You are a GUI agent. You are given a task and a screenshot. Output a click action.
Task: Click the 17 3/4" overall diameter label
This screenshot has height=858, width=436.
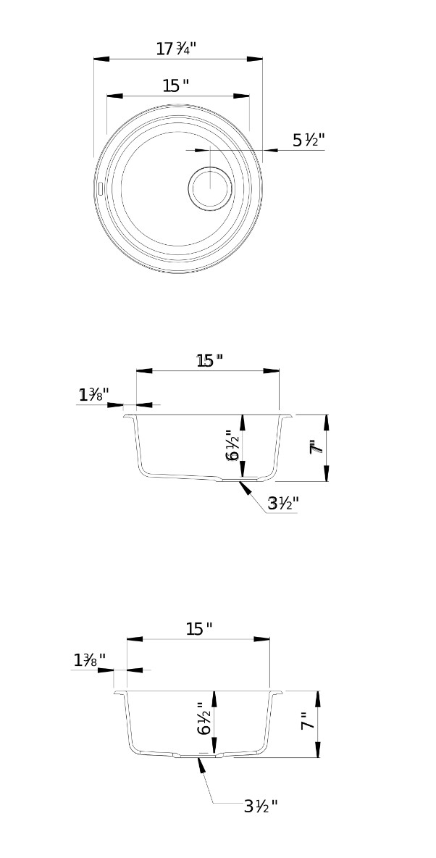(176, 49)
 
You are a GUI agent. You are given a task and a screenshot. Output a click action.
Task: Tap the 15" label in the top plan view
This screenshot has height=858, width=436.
(175, 86)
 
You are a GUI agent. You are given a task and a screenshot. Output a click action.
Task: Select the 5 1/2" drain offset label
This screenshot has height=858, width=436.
(309, 141)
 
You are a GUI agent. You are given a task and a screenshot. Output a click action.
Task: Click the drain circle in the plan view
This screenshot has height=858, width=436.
(210, 188)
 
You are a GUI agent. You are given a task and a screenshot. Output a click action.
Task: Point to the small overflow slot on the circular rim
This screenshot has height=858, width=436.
(101, 188)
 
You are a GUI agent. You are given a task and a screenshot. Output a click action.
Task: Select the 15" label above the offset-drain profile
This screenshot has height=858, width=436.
(209, 360)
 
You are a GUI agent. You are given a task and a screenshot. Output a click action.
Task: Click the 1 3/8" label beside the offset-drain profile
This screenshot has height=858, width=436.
(93, 395)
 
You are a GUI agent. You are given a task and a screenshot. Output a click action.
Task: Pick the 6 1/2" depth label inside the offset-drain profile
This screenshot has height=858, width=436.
(232, 445)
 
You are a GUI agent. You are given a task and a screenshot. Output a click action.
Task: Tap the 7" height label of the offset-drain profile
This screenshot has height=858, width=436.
(315, 447)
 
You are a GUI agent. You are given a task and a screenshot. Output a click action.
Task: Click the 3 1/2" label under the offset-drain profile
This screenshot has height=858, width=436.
(283, 504)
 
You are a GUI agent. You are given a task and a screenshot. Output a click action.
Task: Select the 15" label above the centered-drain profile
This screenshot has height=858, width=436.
(198, 629)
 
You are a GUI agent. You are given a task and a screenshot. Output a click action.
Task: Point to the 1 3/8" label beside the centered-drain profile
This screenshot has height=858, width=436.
(89, 660)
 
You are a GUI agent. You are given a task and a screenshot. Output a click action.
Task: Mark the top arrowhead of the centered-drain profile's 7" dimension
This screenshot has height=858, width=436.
(317, 698)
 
